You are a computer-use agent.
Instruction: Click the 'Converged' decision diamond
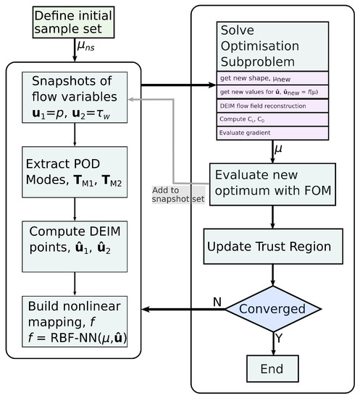(272, 310)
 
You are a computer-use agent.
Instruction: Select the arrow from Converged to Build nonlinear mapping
(181, 310)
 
